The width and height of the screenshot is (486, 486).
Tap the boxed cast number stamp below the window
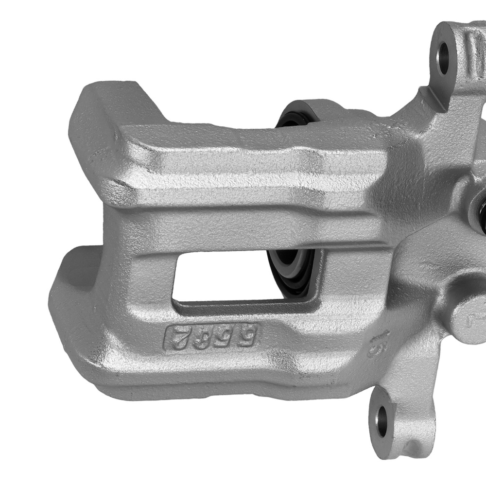(213, 335)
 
